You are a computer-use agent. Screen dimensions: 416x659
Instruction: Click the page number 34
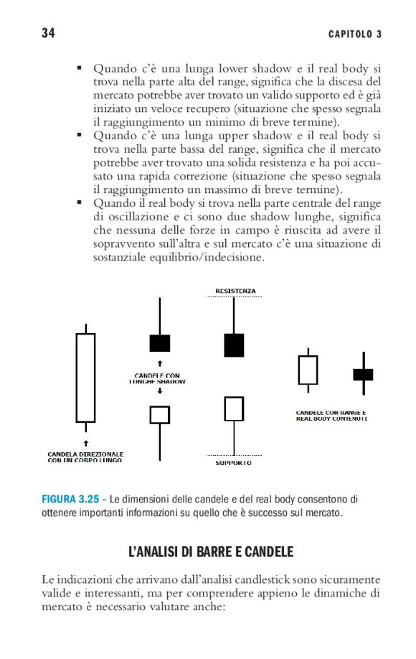[48, 33]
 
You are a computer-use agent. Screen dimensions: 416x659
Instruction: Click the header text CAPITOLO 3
[355, 34]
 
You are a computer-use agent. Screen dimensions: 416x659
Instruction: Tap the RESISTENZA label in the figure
[235, 291]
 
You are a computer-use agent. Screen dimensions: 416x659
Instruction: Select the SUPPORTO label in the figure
[233, 463]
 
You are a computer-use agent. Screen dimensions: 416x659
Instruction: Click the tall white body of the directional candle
[85, 378]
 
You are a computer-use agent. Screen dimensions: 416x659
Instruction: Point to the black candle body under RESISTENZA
[234, 345]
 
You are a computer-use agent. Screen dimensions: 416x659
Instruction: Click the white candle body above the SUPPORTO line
[234, 408]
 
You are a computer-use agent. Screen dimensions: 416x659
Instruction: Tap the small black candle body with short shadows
[363, 375]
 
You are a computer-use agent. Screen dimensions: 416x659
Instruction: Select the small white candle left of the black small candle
[308, 370]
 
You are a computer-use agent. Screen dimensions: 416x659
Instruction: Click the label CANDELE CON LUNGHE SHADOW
[157, 378]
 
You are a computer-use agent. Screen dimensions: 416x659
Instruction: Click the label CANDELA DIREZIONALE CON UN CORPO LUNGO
[85, 457]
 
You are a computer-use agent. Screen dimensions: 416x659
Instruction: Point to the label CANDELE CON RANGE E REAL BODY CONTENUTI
[331, 416]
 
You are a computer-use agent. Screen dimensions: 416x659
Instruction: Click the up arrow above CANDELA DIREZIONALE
[86, 443]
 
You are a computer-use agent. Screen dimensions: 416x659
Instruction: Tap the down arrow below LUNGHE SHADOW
[159, 391]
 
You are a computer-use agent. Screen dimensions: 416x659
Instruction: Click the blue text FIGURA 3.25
[70, 500]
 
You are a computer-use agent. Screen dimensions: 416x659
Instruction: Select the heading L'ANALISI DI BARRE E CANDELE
[211, 551]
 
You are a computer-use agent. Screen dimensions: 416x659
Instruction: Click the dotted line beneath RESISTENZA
[234, 296]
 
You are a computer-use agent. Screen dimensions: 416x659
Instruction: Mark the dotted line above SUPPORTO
[234, 455]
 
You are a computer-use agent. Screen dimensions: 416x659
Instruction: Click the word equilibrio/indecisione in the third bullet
[210, 257]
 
